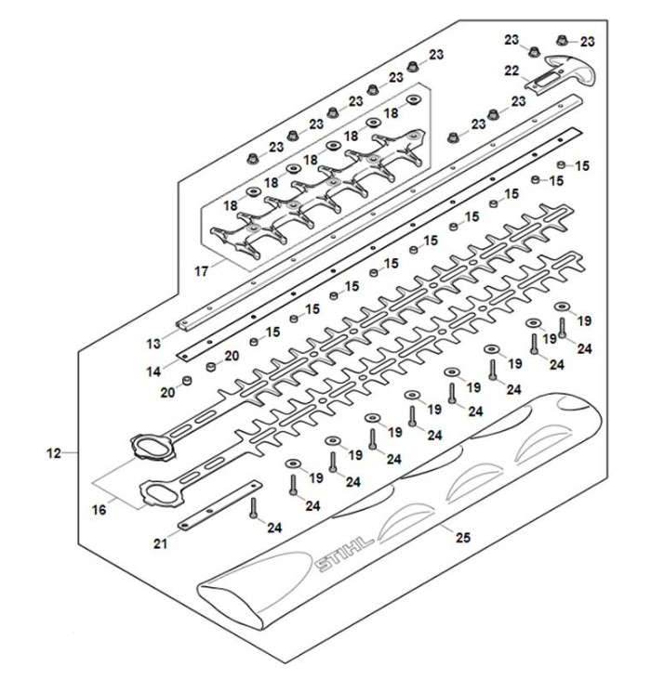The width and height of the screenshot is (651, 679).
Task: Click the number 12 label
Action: point(53,453)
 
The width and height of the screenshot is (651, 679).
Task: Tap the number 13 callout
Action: point(153,344)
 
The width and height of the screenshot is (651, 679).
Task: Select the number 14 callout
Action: point(153,371)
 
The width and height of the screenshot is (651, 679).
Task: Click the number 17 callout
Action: point(203,272)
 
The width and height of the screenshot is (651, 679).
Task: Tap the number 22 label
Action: point(511,71)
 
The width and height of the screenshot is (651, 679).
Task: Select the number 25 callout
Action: point(461,536)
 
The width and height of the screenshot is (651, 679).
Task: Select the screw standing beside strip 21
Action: point(252,507)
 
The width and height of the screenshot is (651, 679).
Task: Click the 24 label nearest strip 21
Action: point(273,529)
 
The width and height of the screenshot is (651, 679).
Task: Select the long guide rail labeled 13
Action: point(372,214)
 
